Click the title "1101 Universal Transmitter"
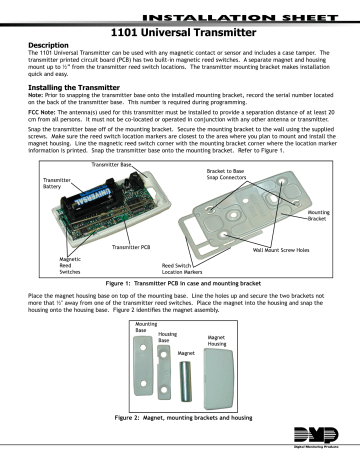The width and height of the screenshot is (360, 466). pyautogui.click(x=180, y=32)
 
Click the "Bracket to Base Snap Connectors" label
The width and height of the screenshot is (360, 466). pyautogui.click(x=221, y=178)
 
